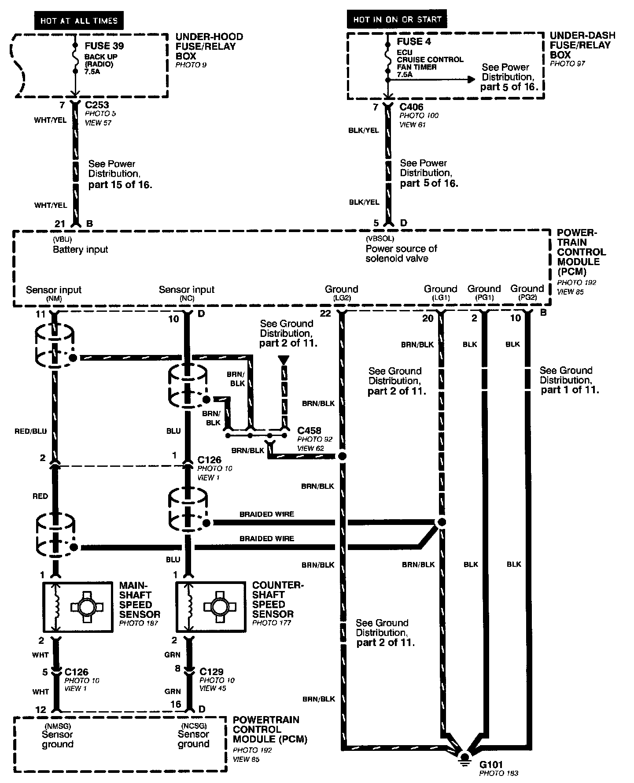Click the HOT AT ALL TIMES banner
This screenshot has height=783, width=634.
(79, 21)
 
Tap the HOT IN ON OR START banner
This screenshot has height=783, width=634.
(397, 19)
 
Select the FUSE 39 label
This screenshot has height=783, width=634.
(104, 46)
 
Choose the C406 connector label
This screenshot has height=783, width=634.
(411, 107)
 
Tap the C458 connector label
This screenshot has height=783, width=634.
(309, 430)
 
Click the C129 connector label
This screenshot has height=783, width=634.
(211, 672)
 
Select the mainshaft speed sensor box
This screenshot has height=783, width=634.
(77, 607)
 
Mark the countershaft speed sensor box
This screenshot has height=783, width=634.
(210, 607)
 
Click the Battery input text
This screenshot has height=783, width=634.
(80, 250)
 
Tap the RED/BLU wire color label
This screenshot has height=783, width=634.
(30, 432)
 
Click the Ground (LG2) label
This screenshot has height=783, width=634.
(341, 292)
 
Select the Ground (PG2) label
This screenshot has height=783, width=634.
(527, 292)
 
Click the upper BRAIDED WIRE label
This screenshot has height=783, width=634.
(266, 514)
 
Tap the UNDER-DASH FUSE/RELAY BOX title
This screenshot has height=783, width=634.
(582, 45)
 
